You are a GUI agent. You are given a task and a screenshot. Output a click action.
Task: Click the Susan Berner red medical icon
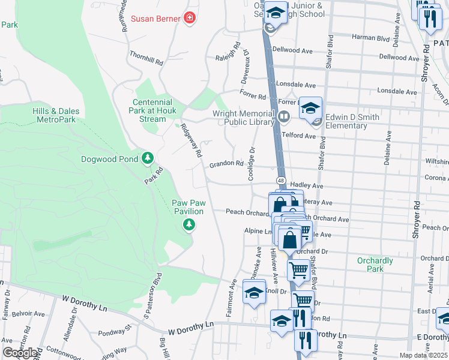tap(190, 19)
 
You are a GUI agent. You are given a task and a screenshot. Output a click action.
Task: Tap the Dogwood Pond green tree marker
tap(148, 159)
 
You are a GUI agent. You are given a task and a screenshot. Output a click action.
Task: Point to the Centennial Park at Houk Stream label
tap(152, 110)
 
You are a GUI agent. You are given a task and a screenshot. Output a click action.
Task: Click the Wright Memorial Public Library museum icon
tap(284, 115)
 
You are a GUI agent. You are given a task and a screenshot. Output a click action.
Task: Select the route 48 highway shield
tap(280, 181)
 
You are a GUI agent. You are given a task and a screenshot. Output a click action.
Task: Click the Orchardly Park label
tap(375, 265)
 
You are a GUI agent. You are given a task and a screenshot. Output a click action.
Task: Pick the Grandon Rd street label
tap(226, 164)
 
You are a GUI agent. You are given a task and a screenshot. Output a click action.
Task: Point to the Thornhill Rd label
tap(146, 58)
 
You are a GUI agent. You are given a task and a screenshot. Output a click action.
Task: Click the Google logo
tap(20, 353)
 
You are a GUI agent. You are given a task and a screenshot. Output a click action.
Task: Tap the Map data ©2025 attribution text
tap(424, 355)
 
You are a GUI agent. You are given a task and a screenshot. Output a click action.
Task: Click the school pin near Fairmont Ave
tap(254, 293)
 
